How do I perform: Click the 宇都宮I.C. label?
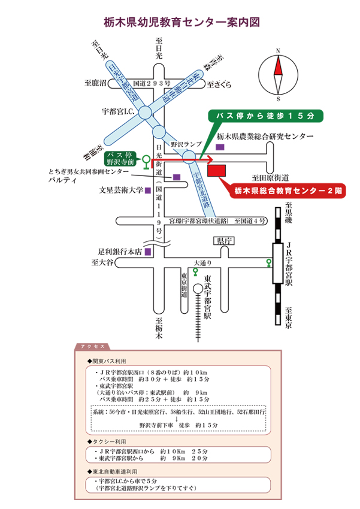pyautogui.click(x=118, y=111)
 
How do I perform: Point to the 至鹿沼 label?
pyautogui.click(x=95, y=82)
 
